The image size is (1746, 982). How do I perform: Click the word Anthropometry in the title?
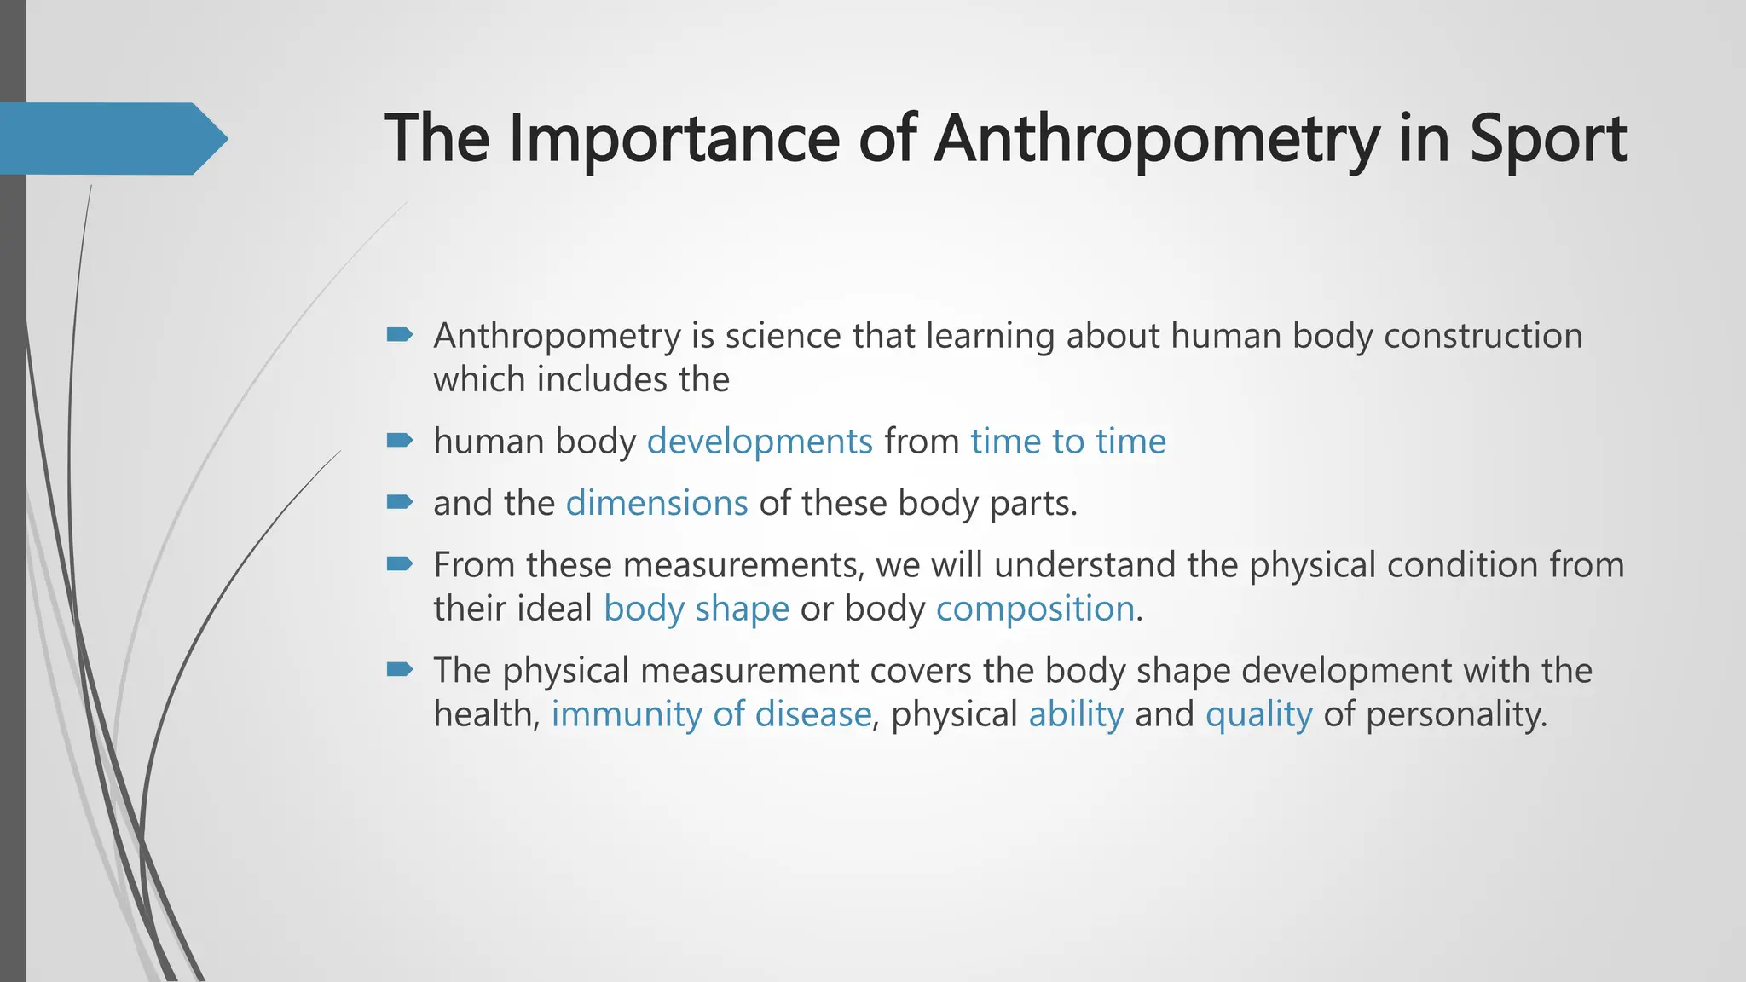pos(1156,139)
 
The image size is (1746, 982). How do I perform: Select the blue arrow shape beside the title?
pos(111,138)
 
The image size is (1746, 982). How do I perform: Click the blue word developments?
pos(760,442)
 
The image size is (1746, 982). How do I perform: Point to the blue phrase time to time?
pos(1067,442)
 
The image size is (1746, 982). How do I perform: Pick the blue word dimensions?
pos(656,503)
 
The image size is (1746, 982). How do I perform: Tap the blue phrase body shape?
pos(696,609)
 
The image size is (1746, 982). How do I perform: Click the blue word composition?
pos(1035,609)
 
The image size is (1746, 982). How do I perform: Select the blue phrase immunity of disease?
pos(711,713)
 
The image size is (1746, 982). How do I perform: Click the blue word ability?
pos(1076,713)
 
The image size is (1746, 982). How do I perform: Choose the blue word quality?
pos(1258,713)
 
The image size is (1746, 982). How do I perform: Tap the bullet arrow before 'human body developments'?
pos(399,440)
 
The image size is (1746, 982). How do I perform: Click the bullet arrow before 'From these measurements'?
pos(399,563)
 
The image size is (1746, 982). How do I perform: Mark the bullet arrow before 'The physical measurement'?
pos(399,669)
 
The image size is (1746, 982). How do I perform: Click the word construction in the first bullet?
pos(1483,336)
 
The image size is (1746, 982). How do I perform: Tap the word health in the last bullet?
pos(483,713)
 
